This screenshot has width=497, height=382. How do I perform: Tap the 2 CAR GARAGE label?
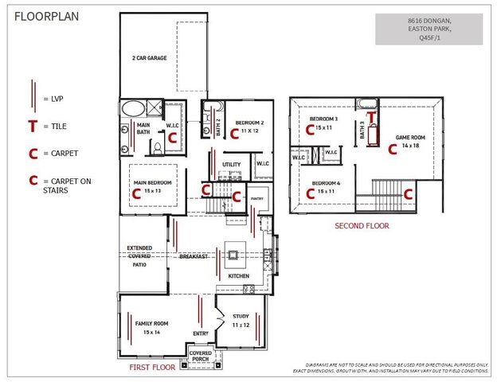coord(149,58)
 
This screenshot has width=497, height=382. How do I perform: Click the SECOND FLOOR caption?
coord(362,226)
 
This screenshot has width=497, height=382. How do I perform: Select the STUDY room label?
coord(241,316)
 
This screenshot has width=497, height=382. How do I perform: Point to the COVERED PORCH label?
coord(201,357)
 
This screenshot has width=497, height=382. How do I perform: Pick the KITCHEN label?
coord(239,276)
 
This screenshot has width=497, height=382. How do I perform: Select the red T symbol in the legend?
coord(33,126)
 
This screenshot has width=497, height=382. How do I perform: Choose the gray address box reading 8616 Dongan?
coord(429,29)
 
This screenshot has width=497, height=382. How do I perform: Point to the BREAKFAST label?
coord(194,256)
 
